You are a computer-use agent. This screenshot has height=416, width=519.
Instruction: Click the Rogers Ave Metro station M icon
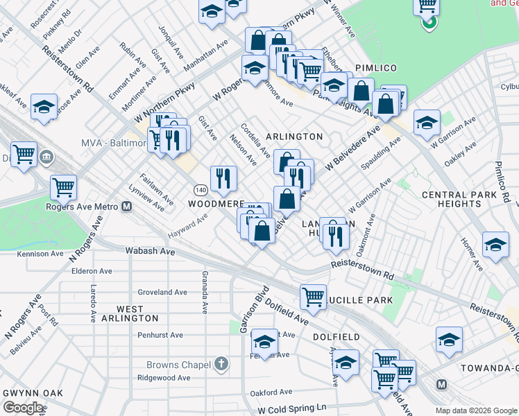[127, 206]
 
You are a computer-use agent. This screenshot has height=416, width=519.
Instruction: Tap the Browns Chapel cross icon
[221, 364]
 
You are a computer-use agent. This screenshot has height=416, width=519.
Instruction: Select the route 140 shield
[199, 190]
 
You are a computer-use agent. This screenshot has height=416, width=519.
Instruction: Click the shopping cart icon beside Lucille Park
[313, 296]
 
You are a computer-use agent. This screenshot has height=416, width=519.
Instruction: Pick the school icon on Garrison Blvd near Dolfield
[264, 341]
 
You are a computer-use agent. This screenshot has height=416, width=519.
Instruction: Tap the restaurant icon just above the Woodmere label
[223, 179]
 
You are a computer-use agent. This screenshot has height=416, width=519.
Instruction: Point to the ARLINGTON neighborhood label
[295, 137]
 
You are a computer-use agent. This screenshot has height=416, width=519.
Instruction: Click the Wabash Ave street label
[150, 251]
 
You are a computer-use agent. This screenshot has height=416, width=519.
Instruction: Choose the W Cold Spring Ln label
[291, 409]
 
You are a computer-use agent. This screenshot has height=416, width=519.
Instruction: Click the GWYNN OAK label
[33, 393]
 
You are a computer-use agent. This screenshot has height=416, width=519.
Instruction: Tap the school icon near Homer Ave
[495, 245]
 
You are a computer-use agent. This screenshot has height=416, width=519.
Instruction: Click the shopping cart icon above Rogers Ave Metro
[63, 187]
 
